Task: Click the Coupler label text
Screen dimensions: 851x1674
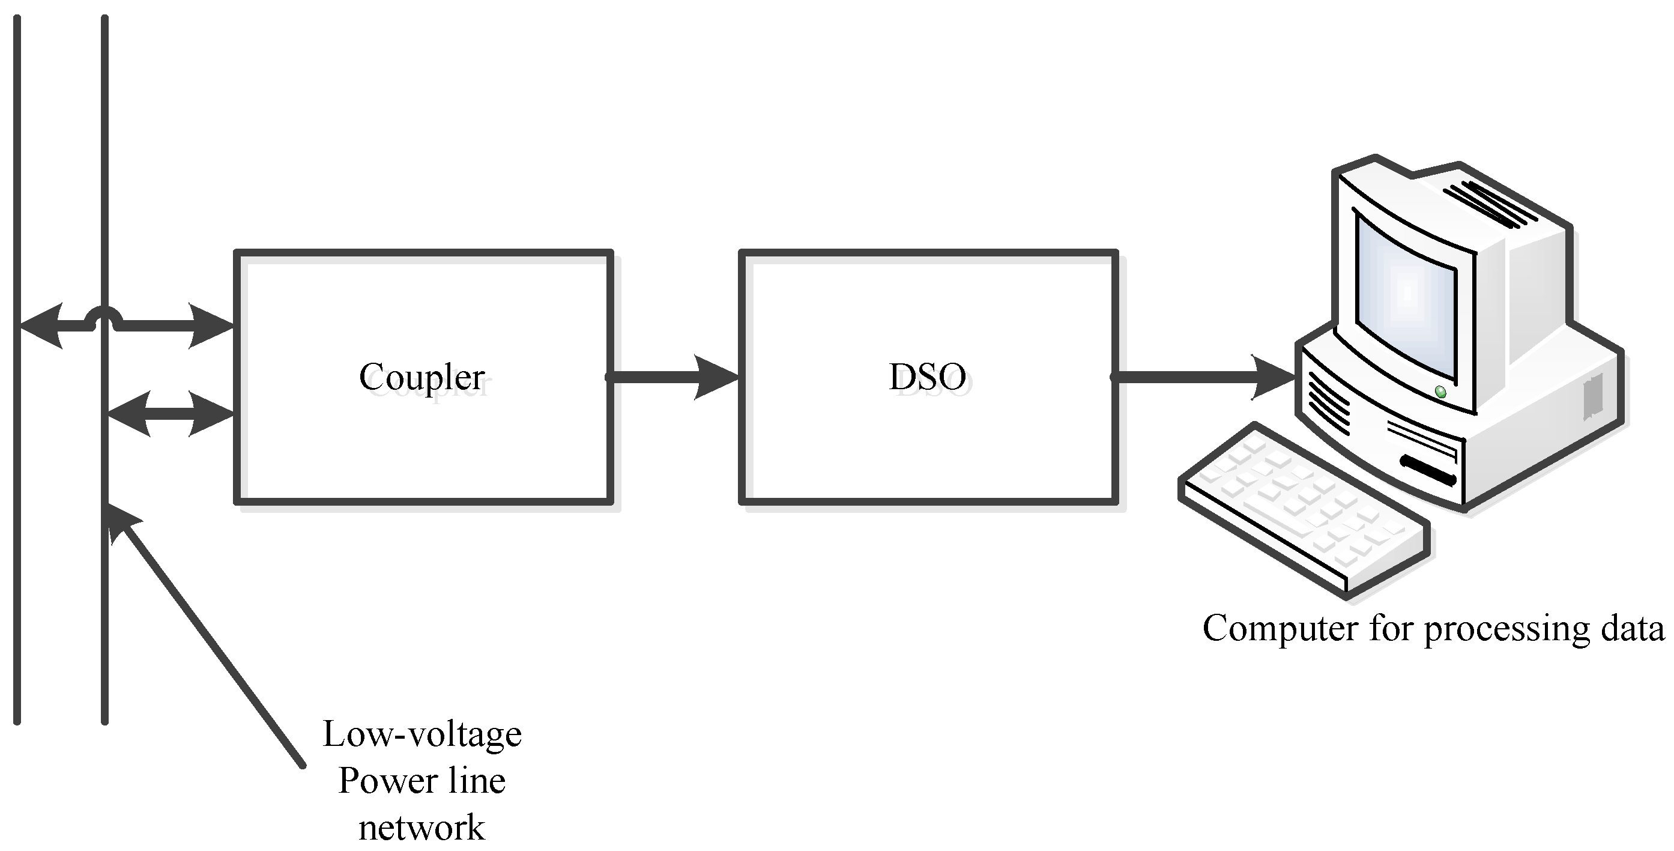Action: tap(422, 377)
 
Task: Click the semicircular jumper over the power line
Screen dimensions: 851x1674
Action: tap(104, 316)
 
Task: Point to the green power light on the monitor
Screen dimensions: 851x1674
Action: tap(1440, 392)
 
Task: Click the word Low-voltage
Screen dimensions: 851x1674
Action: tap(422, 734)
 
